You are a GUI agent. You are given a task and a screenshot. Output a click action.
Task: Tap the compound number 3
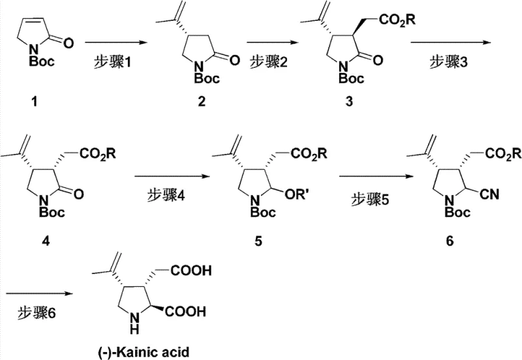[x=325, y=102]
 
